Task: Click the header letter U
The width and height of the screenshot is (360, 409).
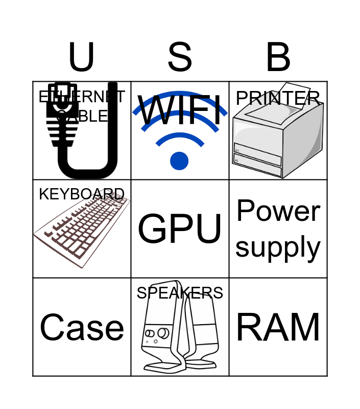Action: (x=81, y=57)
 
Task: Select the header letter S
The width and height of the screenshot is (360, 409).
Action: (x=180, y=57)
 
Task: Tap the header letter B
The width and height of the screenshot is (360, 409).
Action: (x=278, y=57)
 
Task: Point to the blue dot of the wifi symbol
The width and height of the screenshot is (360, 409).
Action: (x=179, y=161)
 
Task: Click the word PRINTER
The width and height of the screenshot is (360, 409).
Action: (x=278, y=98)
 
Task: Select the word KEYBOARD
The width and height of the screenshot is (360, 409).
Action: (x=82, y=194)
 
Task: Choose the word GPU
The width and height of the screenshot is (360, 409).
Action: (x=180, y=229)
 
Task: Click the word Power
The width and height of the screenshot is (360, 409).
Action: (x=278, y=211)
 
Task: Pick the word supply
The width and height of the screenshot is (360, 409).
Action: (x=278, y=247)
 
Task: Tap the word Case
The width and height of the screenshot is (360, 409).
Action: (x=82, y=327)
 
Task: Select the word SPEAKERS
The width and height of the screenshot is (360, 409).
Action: (x=180, y=293)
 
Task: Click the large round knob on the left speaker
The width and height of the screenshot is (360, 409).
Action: (x=163, y=333)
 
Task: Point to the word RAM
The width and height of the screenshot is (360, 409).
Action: (x=278, y=327)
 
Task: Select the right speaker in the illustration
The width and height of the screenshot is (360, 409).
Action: (x=202, y=332)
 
